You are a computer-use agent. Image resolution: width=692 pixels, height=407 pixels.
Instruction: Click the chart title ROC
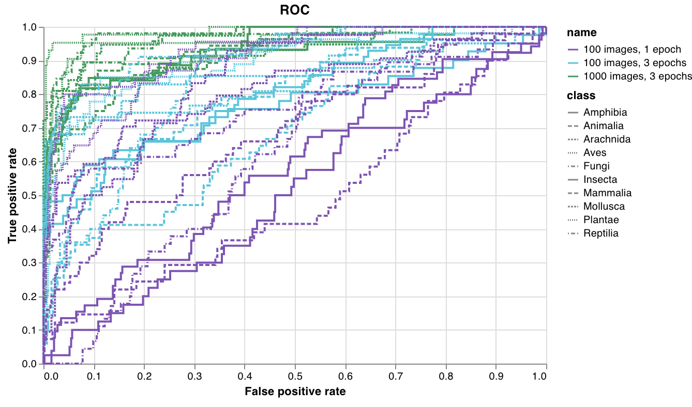[x=294, y=10]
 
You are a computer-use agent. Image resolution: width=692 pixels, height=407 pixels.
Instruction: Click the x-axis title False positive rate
[x=295, y=391]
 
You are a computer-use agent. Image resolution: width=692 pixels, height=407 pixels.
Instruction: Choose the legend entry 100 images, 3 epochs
[x=635, y=63]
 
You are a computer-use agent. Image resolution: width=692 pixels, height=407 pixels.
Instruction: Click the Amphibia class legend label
[x=605, y=112]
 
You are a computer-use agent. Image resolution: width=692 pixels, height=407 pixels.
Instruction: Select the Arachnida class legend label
[x=607, y=139]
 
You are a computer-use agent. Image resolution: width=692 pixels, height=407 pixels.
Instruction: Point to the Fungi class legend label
[x=596, y=166]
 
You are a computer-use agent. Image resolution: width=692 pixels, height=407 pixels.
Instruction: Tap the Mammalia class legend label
[x=607, y=193]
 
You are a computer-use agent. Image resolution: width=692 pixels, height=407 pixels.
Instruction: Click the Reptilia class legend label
[x=600, y=233]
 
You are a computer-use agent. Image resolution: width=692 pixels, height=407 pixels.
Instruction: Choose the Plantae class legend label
[x=601, y=220]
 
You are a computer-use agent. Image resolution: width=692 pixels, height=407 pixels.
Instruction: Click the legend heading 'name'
[x=581, y=33]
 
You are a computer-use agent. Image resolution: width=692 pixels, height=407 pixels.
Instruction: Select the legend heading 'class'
[x=581, y=96]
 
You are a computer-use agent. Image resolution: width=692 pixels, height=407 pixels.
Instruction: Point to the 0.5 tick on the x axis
[x=295, y=374]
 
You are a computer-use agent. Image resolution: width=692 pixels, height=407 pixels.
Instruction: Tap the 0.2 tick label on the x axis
[x=144, y=374]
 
